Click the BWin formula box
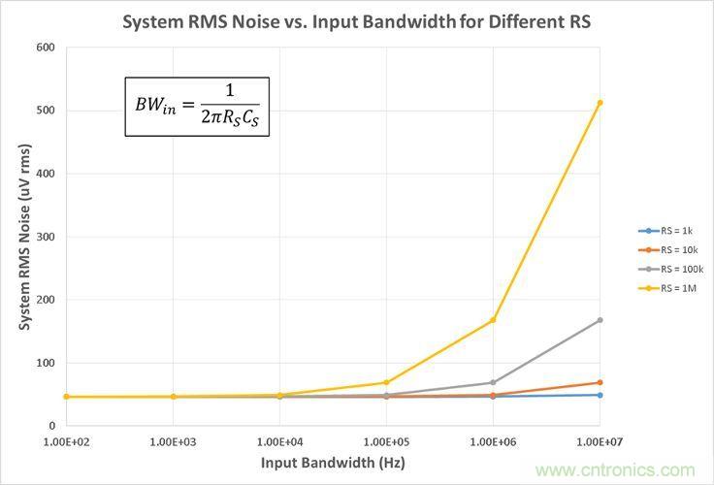[197, 107]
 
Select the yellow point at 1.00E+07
[600, 103]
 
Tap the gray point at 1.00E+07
[600, 320]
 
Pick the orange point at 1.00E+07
[600, 382]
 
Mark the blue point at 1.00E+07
[600, 395]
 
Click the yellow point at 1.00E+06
[494, 320]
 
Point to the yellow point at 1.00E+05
[387, 382]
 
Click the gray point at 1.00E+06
[494, 382]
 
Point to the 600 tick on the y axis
[47, 48]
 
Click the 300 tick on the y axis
[47, 237]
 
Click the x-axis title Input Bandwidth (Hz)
[333, 463]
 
